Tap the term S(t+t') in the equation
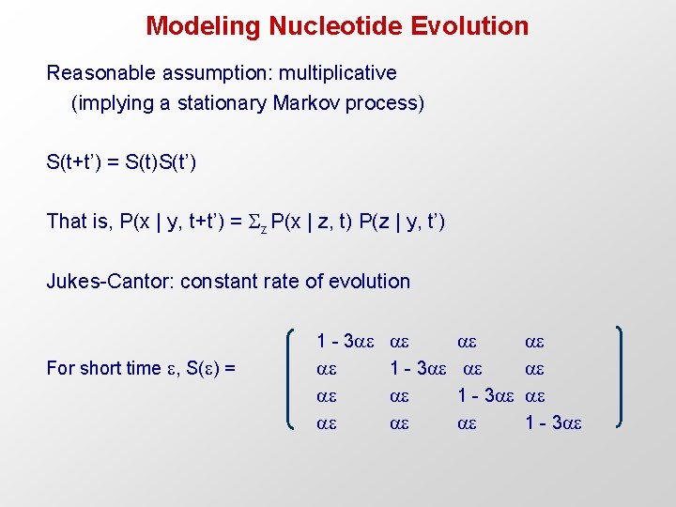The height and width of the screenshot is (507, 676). pos(78,161)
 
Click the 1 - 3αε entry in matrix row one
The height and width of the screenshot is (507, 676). pos(346,342)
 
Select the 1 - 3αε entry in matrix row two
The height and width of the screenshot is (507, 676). pos(419,369)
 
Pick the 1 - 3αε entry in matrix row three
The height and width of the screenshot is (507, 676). pos(486,396)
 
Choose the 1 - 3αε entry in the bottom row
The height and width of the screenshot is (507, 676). pos(554,423)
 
